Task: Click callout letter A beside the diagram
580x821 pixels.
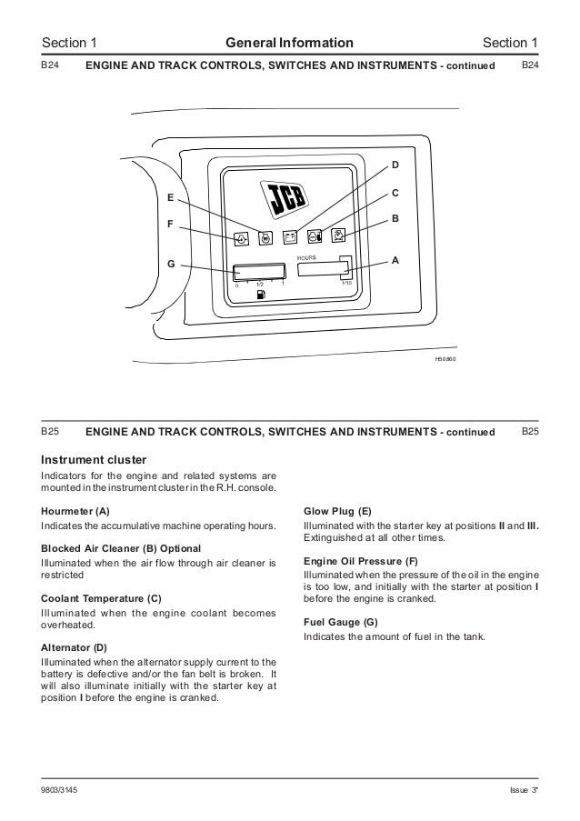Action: pos(395,260)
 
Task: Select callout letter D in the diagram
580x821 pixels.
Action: pos(395,165)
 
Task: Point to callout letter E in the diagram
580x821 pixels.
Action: pos(170,196)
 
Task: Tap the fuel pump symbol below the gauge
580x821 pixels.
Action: pos(260,294)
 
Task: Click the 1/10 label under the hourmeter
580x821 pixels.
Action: pos(345,283)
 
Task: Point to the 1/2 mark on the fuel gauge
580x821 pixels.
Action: pos(260,283)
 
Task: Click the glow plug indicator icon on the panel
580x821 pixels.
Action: pos(265,238)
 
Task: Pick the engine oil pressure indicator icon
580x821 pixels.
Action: pos(242,239)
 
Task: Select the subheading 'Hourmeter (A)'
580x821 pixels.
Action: pos(75,512)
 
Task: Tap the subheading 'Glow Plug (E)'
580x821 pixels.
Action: pos(336,512)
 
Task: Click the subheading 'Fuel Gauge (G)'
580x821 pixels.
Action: pos(339,621)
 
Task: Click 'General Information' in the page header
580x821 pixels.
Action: pos(289,42)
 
